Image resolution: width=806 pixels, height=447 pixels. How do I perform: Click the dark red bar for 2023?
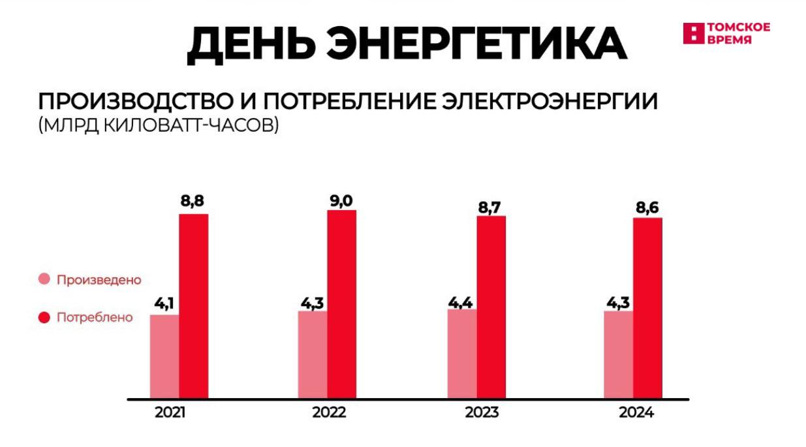[x=491, y=307]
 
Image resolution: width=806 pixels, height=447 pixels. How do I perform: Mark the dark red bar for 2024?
[x=647, y=307]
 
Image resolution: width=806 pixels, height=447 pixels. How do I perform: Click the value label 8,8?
[x=194, y=202]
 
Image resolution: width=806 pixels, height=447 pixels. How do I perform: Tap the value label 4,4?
[x=461, y=301]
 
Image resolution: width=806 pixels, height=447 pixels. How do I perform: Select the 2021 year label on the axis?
[x=171, y=413]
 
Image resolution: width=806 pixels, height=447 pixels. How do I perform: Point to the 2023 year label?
[x=482, y=413]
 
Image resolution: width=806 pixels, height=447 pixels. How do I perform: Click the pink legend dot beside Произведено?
[x=44, y=280]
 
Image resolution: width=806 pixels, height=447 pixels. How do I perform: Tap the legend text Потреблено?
[x=95, y=318]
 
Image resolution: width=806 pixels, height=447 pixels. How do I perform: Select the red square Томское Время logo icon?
[x=693, y=33]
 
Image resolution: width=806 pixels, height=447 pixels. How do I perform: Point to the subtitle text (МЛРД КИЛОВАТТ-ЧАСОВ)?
[x=159, y=125]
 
